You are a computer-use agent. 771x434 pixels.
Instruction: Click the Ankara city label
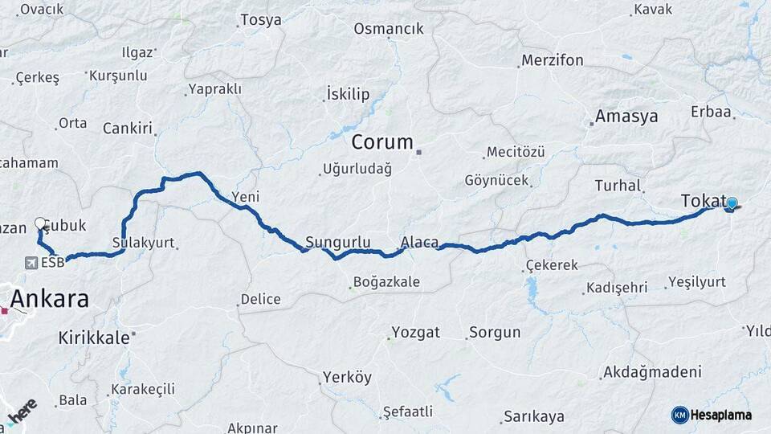point(51,300)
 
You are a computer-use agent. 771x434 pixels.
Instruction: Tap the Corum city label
point(382,143)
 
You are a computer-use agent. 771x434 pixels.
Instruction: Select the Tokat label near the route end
point(703,201)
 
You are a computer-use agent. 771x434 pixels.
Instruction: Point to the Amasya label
point(626,116)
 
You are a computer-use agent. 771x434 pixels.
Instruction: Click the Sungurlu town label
point(337,242)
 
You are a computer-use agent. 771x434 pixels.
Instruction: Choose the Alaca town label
point(419,242)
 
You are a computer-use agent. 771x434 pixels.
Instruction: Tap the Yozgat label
point(415,332)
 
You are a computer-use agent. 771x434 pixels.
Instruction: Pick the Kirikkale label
point(93,338)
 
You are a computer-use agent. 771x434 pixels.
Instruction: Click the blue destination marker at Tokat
point(731,204)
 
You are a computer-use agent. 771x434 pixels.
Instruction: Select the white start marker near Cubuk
point(40,223)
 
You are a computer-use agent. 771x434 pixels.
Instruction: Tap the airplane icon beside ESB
point(31,262)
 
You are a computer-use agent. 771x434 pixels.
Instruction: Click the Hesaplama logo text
point(721,415)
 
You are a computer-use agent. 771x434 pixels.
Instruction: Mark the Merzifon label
point(553,60)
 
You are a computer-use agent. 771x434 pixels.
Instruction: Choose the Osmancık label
point(388,29)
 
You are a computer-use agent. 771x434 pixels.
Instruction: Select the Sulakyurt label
point(143,242)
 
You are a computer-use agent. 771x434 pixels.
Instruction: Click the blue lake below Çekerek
point(531,289)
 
